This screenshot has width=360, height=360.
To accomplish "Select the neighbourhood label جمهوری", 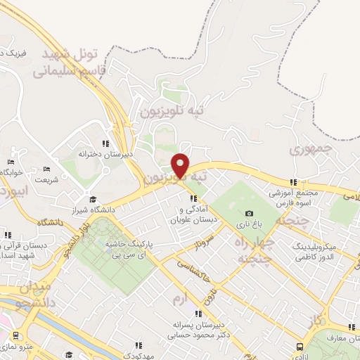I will (x=310, y=150).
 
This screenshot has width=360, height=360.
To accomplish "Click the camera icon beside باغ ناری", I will (x=248, y=214).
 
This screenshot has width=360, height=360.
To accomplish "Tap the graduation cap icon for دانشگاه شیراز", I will (x=93, y=198).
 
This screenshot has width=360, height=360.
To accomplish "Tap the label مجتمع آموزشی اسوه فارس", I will (x=295, y=198).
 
